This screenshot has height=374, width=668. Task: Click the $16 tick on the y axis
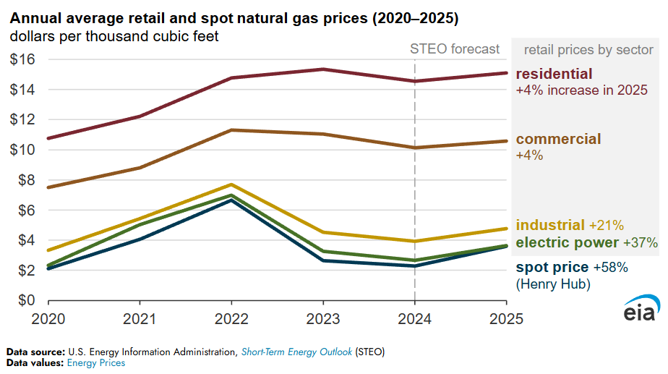pos(22,59)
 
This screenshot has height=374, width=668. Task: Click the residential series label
pos(554,74)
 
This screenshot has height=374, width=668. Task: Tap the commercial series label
pos(558,139)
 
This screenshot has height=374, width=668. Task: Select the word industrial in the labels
pos(550,226)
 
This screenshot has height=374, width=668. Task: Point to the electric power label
pos(568,242)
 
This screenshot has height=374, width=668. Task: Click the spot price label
pos(552,267)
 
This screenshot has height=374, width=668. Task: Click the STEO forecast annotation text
pos(455,49)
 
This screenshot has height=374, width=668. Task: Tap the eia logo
pos(641,308)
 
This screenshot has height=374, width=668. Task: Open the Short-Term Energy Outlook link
pos(297,352)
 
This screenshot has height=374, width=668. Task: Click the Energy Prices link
pos(96,363)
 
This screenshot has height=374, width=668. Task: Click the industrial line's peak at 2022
pos(231,184)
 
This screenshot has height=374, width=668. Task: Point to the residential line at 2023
pos(322,69)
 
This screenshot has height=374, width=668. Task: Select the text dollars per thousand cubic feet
pos(114,34)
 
